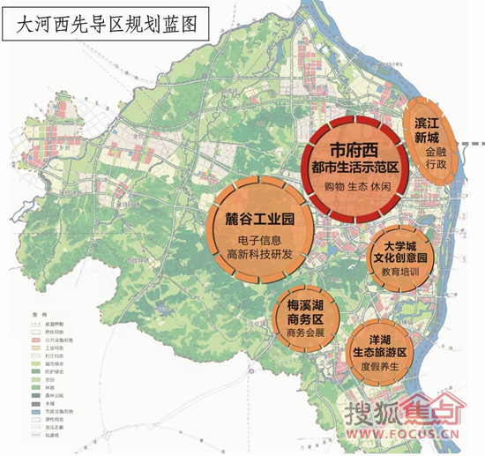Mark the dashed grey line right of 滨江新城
point(474,143)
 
